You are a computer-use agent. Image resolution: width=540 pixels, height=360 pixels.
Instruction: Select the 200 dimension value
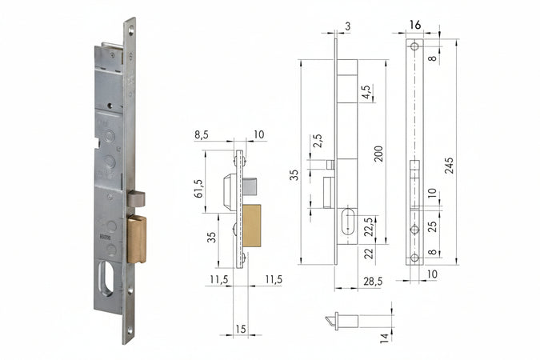click(x=378, y=153)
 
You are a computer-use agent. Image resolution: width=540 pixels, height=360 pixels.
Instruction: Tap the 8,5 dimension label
click(x=202, y=136)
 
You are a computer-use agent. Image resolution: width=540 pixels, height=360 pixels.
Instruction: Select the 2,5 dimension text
click(x=318, y=140)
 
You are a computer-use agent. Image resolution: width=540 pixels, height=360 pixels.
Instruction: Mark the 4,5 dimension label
click(x=366, y=92)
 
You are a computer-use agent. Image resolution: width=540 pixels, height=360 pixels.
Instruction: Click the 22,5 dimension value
click(x=369, y=226)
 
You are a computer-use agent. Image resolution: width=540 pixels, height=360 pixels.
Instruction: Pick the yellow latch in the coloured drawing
click(x=252, y=226)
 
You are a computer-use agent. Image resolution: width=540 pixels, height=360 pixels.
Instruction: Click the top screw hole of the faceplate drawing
click(x=414, y=47)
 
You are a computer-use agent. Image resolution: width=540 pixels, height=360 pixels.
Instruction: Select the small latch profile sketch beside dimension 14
click(x=342, y=320)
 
